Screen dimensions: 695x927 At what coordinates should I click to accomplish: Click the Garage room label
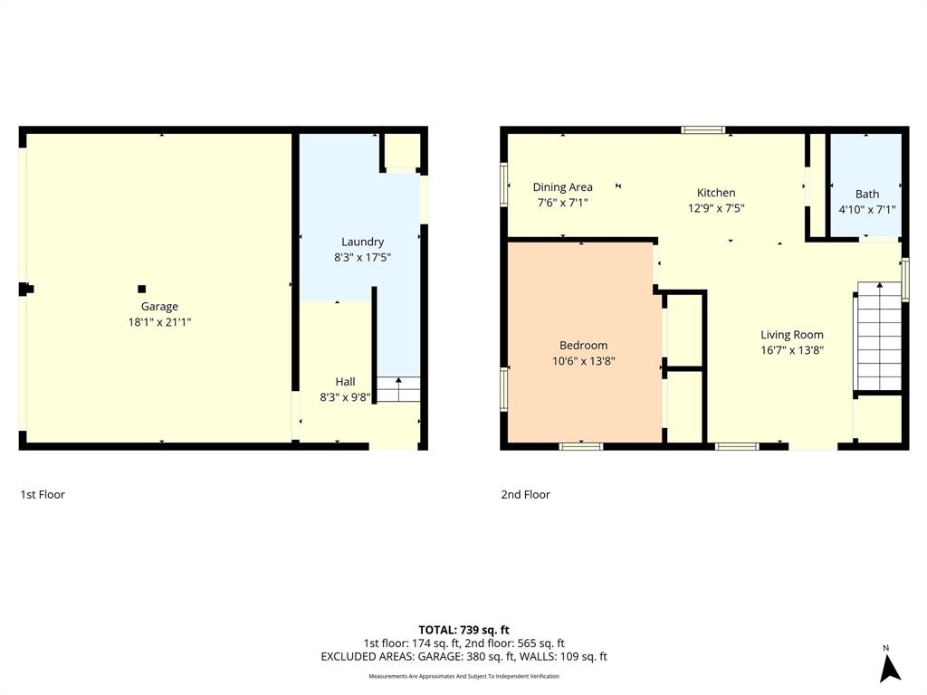159,307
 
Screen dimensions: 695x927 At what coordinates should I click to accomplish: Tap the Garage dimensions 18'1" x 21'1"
159,321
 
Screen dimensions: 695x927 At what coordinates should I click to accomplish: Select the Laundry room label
362,242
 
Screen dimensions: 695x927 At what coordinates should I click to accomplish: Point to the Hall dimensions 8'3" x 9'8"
345,396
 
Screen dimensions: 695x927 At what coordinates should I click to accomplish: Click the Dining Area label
562,187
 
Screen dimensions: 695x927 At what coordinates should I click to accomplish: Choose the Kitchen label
715,193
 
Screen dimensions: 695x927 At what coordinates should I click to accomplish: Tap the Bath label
866,194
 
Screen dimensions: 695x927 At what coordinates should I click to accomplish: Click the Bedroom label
583,345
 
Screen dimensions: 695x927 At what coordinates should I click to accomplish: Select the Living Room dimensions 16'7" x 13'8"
791,349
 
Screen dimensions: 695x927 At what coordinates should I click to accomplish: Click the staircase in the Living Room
879,336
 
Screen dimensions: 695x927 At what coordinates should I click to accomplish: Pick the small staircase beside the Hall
399,389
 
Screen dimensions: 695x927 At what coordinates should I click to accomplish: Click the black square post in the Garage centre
141,289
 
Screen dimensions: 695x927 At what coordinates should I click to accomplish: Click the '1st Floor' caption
43,494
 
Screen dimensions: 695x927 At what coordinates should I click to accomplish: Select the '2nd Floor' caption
525,494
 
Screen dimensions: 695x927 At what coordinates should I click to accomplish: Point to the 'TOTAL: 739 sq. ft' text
463,630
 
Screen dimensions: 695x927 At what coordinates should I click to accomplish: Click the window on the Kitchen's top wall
703,130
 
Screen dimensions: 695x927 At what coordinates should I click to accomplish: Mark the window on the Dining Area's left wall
504,185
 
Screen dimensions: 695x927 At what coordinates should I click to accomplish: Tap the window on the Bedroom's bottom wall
580,445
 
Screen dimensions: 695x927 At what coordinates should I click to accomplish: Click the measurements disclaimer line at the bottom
463,676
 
